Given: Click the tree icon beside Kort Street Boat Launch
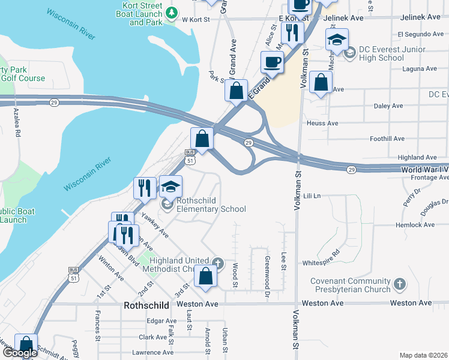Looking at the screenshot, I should [x=172, y=12].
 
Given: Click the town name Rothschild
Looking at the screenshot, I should [x=148, y=305].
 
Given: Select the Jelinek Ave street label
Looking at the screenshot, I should [x=343, y=19].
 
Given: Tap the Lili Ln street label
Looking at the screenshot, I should [x=312, y=196].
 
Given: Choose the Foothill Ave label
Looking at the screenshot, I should [x=388, y=139].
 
